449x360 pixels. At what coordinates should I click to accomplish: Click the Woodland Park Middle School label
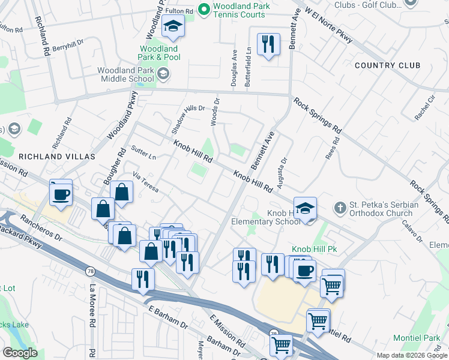pos(126,75)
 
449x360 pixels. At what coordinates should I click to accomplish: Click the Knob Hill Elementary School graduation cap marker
pos(305,209)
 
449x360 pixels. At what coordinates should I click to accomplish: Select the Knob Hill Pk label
pos(312,248)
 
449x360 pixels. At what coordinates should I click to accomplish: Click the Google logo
pos(20,353)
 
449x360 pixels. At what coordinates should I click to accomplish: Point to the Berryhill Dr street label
pos(68,46)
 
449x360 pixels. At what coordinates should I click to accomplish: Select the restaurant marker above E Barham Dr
pos(143,279)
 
